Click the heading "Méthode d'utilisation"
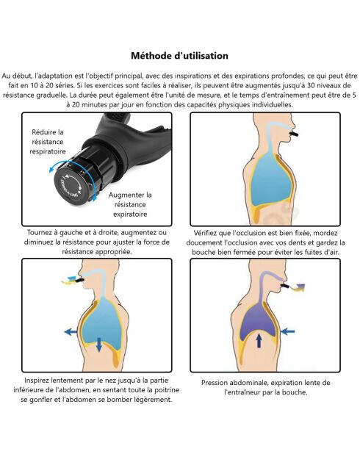(179, 56)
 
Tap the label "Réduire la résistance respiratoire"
(48, 142)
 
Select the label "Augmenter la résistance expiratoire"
(130, 204)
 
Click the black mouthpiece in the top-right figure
(293, 134)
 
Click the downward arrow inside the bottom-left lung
(99, 345)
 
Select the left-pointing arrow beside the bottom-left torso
(71, 332)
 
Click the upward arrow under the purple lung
(259, 341)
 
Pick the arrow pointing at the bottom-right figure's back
(287, 331)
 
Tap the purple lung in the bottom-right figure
(257, 320)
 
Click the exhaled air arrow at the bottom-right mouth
(297, 288)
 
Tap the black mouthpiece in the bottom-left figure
(79, 280)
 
